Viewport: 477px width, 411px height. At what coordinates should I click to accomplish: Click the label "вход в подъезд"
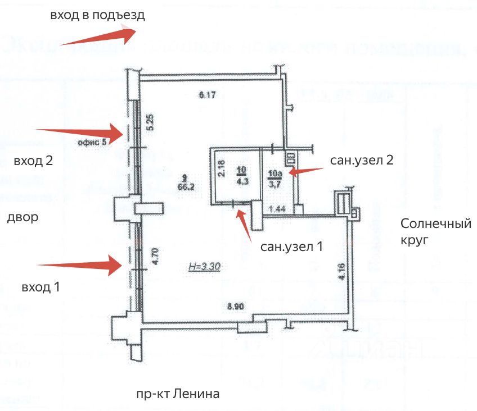coord(97,16)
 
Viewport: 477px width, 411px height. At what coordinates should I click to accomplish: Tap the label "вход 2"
coord(33,161)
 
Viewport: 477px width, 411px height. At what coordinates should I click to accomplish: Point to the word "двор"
coord(22,217)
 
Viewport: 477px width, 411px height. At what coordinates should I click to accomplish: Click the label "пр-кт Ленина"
coord(177,394)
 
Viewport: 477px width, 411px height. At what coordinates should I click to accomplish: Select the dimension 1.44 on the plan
coord(278,209)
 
